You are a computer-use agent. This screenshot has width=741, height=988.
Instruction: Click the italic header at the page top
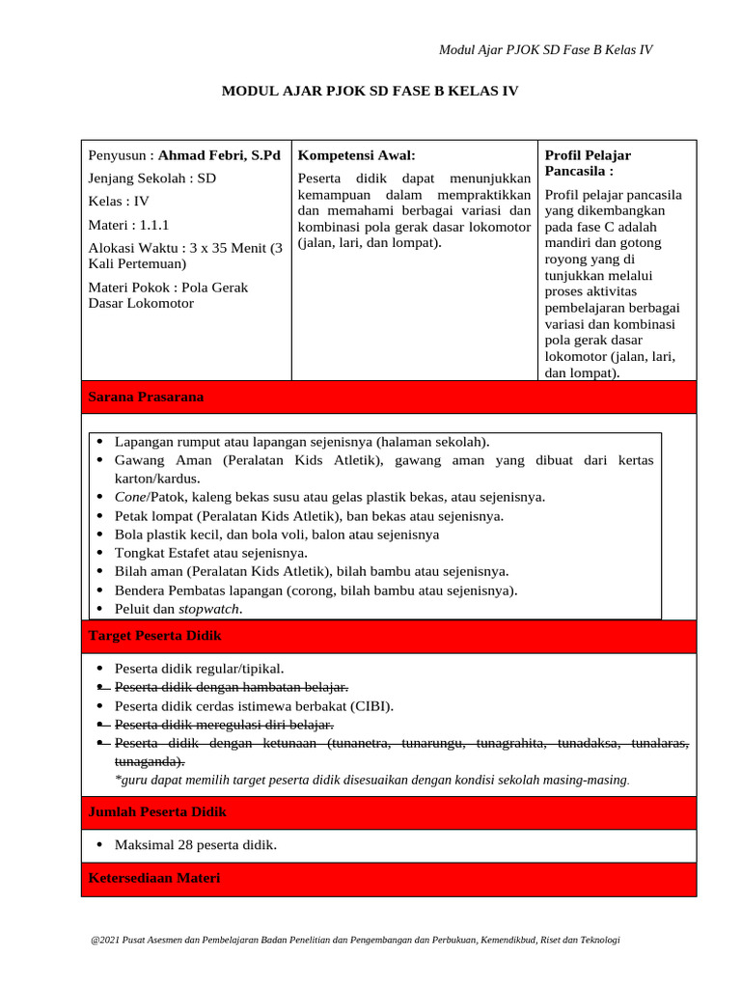tap(545, 50)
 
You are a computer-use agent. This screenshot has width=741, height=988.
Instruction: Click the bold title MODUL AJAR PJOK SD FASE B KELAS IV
tap(370, 92)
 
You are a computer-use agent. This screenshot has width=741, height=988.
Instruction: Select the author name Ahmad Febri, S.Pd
tap(219, 155)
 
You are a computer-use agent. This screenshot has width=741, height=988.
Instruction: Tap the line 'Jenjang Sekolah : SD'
tap(152, 178)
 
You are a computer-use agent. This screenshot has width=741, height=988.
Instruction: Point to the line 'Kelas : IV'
tap(119, 202)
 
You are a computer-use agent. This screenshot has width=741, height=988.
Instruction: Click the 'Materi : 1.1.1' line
tap(128, 225)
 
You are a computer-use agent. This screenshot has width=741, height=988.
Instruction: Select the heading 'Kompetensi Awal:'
tap(356, 155)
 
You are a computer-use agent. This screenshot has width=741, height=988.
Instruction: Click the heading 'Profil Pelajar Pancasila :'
tap(588, 163)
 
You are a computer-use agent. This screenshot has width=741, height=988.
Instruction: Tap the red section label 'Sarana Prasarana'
tap(146, 398)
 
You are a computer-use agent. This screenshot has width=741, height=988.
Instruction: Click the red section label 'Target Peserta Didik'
tap(154, 637)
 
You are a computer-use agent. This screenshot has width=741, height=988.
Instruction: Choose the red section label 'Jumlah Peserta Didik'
tap(157, 812)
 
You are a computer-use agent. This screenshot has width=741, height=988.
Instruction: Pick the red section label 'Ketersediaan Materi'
tap(154, 878)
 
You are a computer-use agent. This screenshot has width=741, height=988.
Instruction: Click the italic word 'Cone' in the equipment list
tap(130, 497)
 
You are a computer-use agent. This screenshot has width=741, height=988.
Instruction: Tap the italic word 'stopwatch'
tap(209, 609)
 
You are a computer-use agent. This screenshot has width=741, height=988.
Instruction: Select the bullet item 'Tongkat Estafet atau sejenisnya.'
tap(211, 553)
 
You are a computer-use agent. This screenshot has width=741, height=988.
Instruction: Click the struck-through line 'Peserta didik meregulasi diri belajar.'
tap(224, 725)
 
